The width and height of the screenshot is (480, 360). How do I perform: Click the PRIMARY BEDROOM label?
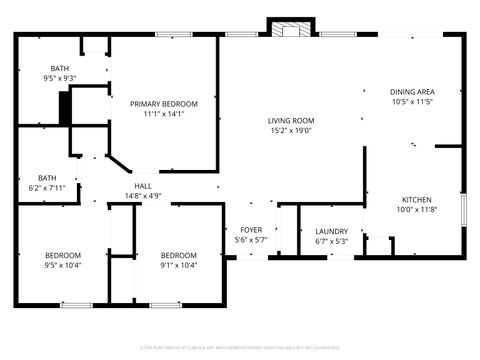[163, 104]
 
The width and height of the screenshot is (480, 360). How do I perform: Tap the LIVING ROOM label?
[290, 120]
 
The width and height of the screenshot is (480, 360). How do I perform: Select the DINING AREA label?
[412, 92]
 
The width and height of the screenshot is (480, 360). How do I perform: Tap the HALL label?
[144, 186]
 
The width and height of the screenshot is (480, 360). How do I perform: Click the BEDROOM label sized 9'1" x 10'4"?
[179, 255]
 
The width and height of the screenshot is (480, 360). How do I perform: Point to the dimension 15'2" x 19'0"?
[290, 130]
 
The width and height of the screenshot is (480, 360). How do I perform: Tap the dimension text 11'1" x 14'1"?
[163, 114]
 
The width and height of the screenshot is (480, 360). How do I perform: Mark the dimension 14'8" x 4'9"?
[144, 196]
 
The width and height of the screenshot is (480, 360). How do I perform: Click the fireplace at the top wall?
[291, 29]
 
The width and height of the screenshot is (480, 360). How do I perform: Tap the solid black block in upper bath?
[65, 108]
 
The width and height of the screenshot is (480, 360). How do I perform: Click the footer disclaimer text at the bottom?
[240, 349]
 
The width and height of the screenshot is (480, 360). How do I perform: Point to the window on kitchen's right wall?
[463, 210]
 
